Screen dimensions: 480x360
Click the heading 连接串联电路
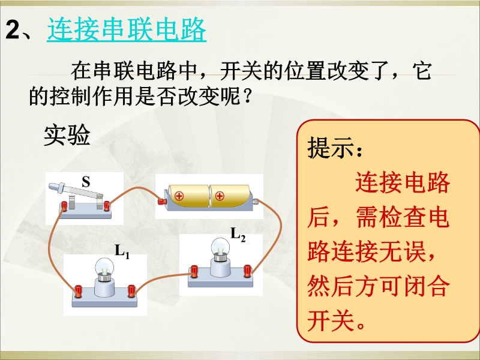pos(127,29)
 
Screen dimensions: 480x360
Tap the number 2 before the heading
pos(13,29)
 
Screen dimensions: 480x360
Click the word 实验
pos(67,135)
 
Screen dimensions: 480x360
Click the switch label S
pos(86,182)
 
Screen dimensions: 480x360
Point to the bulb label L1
pos(122,251)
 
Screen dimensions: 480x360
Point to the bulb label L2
pos(238,235)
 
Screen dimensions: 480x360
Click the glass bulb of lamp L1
pos(104,267)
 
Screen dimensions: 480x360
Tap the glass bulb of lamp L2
pos(220,247)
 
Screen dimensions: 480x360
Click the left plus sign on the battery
pos(179,196)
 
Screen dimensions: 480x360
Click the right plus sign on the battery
pos(220,196)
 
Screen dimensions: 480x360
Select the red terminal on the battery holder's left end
pos(161,202)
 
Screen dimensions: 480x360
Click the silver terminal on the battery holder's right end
pos(255,202)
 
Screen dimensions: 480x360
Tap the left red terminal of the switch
pos(64,206)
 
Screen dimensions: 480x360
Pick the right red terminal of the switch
pos(107,206)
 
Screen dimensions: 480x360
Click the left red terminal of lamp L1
pos(78,291)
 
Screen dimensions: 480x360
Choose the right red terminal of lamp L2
pos(247,271)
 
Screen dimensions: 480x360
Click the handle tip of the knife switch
pos(53,186)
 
